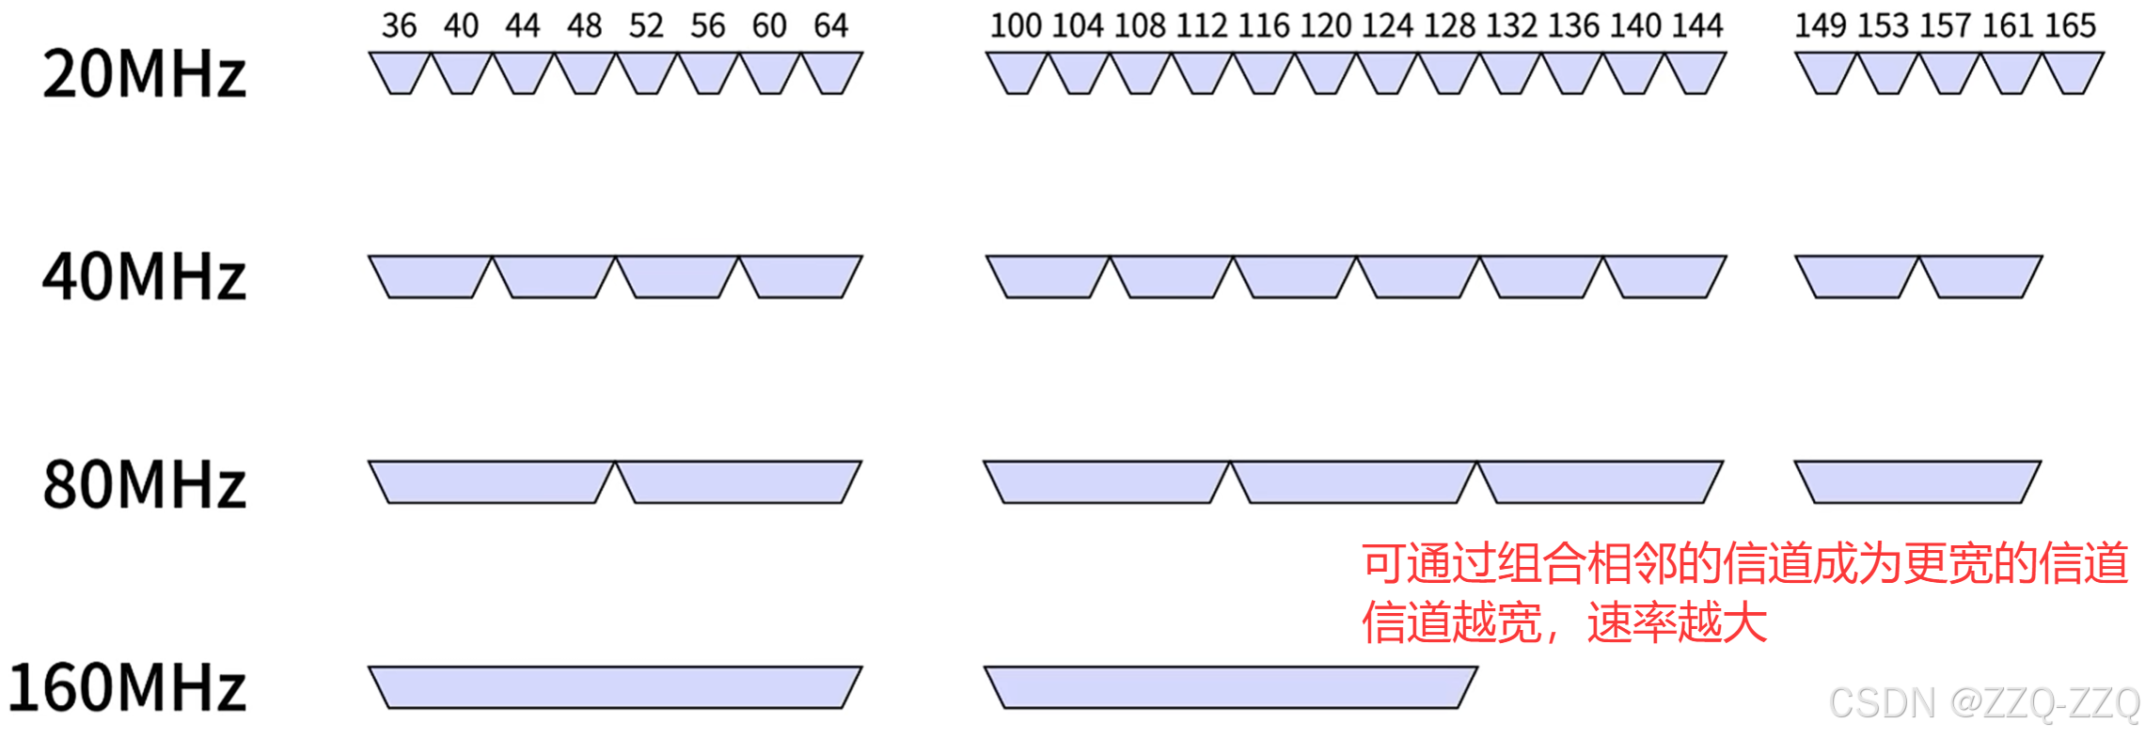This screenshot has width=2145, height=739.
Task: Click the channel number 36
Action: [399, 25]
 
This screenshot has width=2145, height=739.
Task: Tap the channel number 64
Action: [831, 25]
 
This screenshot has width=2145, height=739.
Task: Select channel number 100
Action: [1016, 25]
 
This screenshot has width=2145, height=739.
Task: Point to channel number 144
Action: [1697, 25]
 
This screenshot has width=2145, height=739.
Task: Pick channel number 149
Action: [1821, 25]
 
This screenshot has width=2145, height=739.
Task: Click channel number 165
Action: [2070, 25]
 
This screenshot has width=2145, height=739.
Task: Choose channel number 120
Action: [1325, 25]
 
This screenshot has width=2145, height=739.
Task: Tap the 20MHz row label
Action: [144, 75]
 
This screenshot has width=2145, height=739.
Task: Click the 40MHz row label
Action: [144, 277]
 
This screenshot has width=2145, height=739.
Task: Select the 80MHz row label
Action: [144, 485]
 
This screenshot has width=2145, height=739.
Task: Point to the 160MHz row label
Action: [127, 687]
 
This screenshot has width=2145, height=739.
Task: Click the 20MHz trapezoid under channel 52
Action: [646, 71]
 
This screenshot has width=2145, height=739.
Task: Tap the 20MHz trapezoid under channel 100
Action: [1017, 71]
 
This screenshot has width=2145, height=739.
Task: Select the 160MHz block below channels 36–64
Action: [615, 687]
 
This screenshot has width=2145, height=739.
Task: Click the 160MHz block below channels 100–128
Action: [1231, 687]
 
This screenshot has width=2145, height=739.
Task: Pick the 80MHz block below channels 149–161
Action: [1917, 481]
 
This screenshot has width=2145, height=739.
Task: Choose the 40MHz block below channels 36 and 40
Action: [431, 276]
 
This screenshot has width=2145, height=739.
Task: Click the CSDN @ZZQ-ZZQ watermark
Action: [1984, 703]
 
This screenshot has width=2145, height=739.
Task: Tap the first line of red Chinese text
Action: [1744, 564]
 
